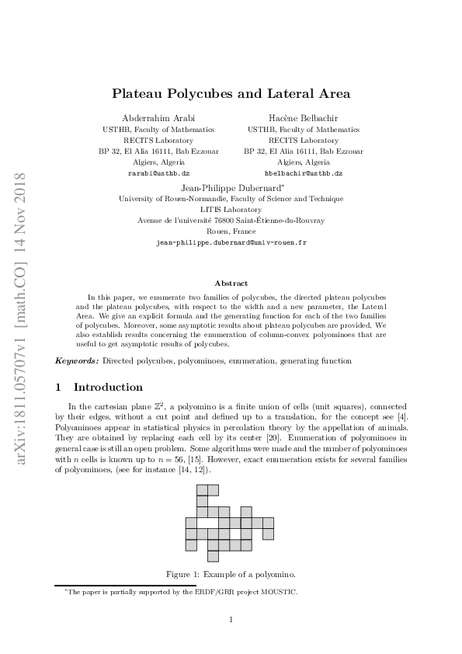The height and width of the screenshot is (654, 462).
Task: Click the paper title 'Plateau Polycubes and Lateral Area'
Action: [x=231, y=94]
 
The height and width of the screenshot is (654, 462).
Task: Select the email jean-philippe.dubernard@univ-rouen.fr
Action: [x=231, y=242]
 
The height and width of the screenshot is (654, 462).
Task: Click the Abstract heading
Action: [x=231, y=284]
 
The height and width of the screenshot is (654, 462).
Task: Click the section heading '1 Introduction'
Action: [x=99, y=387]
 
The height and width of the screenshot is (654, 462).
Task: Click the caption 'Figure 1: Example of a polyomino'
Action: [x=231, y=574]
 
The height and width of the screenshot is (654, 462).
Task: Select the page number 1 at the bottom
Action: [x=231, y=619]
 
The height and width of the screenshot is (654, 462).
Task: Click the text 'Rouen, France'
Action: [x=231, y=231]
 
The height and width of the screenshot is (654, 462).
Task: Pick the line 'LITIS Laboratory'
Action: [x=231, y=210]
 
